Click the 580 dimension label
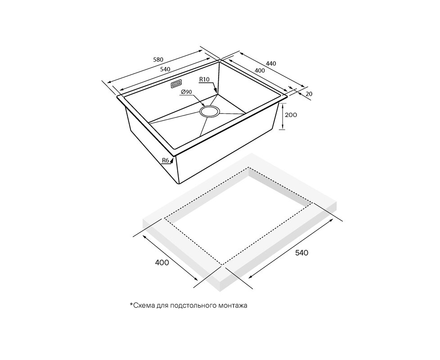coord(158,59)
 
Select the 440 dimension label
coord(271,63)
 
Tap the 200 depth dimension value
coord(291,115)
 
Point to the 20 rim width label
coord(309,94)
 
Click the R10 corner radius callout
coord(204,79)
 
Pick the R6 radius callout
coord(166,160)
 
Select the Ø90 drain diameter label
coord(186,92)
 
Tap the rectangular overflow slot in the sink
coord(176,84)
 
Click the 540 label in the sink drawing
coord(165,69)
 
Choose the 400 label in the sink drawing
coord(260,71)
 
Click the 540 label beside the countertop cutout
coord(302,253)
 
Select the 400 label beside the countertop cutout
coord(162,263)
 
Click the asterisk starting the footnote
coord(131,304)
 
